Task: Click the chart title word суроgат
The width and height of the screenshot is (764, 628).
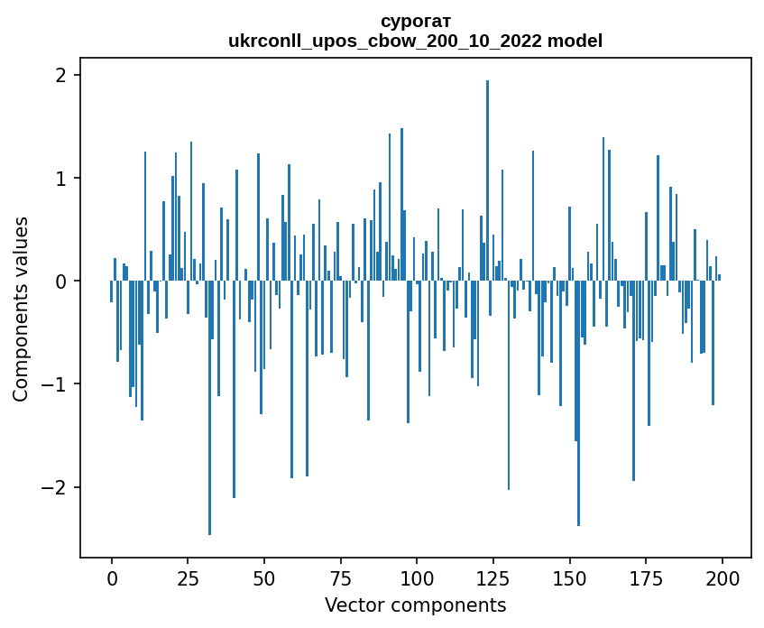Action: pyautogui.click(x=415, y=21)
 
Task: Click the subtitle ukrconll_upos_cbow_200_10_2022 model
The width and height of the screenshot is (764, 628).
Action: pyautogui.click(x=415, y=41)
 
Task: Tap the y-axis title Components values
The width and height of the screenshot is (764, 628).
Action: pyautogui.click(x=21, y=309)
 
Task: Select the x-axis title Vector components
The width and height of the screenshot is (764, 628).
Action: pyautogui.click(x=415, y=605)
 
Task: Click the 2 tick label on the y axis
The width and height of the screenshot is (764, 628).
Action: pyautogui.click(x=61, y=75)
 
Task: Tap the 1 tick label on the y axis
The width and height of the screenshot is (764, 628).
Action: pyautogui.click(x=61, y=178)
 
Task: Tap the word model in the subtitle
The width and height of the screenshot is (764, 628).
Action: pyautogui.click(x=578, y=41)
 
